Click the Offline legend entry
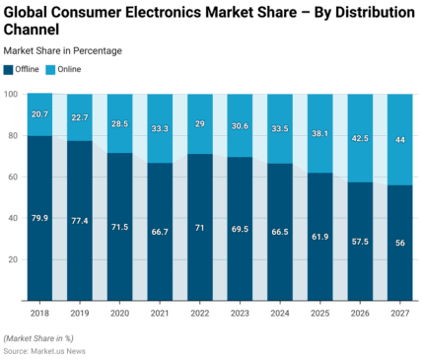(25, 69)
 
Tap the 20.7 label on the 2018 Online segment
(39, 115)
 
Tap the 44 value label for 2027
(400, 140)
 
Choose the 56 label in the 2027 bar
(400, 243)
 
